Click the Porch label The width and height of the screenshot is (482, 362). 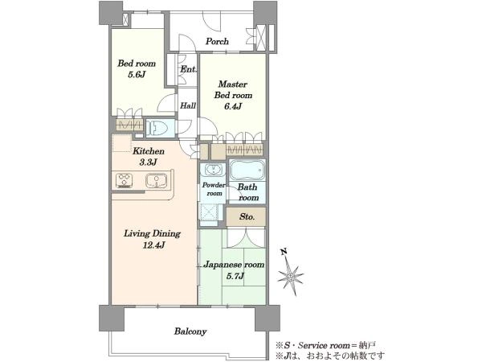tap(217, 41)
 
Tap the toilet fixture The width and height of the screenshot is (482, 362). tap(157, 127)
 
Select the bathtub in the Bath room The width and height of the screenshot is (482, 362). tap(247, 170)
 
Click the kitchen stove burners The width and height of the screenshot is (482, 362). tap(125, 181)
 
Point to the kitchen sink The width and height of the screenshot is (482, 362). tap(156, 181)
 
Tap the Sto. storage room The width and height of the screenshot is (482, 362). tap(246, 216)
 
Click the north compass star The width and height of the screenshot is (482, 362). tap(290, 275)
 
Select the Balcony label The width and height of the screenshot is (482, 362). tap(190, 331)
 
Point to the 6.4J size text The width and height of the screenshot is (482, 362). tap(233, 106)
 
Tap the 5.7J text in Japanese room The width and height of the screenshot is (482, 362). tap(235, 276)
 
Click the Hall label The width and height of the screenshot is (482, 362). tap(188, 105)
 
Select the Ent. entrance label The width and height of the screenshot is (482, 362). tap(188, 69)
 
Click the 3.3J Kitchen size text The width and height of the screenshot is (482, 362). tap(149, 162)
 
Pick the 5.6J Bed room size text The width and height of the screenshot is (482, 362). tap(137, 75)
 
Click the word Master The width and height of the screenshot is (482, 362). tap(233, 84)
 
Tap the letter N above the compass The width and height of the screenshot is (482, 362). tap(284, 252)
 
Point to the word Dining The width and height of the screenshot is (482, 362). tap(165, 233)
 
